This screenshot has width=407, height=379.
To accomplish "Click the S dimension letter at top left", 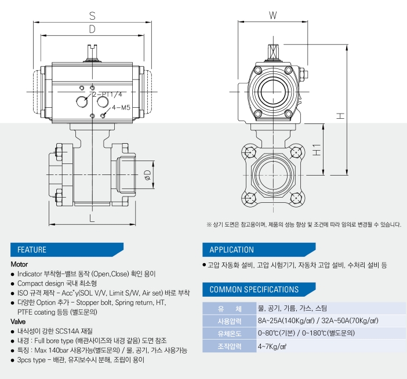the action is (92, 16).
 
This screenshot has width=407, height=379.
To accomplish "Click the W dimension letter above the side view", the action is (273, 15).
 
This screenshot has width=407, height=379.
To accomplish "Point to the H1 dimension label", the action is (317, 150).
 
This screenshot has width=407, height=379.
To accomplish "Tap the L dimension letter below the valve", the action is (92, 218).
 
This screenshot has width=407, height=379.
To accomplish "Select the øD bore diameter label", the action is (147, 175).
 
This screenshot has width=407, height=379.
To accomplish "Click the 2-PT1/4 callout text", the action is (107, 94).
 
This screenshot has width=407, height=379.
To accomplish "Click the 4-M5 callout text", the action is (121, 107).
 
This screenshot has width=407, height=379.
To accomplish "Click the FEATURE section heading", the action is (32, 250).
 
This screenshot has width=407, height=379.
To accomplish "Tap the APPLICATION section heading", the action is (231, 250).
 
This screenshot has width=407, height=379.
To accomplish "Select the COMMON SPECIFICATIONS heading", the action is (254, 289).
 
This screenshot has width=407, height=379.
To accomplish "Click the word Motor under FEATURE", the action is (19, 264).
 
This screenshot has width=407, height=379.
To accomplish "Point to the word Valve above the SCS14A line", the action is (18, 322).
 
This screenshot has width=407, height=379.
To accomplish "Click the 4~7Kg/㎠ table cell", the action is (272, 347).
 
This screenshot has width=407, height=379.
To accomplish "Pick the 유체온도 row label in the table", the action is (230, 333).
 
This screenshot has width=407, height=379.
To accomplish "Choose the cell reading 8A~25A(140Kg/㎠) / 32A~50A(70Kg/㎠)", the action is (318, 320).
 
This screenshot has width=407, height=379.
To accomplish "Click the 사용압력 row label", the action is (230, 321).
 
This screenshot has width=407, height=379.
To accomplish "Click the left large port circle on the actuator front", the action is (82, 101).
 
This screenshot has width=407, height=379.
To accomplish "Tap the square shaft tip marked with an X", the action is (273, 52).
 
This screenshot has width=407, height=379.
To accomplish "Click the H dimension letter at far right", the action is (340, 116).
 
